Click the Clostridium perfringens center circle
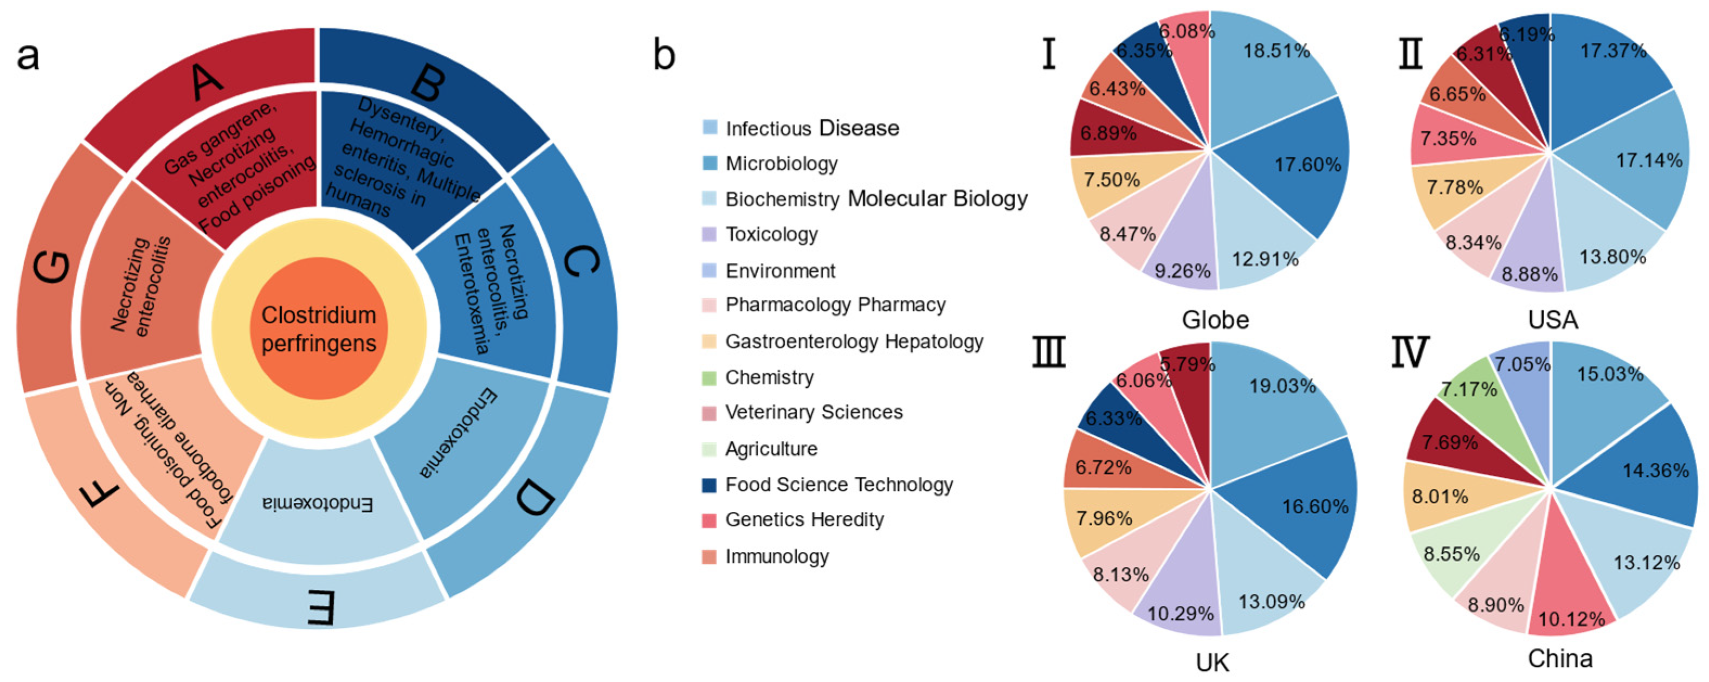(319, 329)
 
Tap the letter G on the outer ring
(51, 267)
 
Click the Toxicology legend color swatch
(709, 234)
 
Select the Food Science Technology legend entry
(839, 485)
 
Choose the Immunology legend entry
(776, 557)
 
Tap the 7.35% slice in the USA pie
(1453, 139)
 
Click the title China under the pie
(1560, 659)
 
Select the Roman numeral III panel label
(1049, 353)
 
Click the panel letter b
(664, 54)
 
